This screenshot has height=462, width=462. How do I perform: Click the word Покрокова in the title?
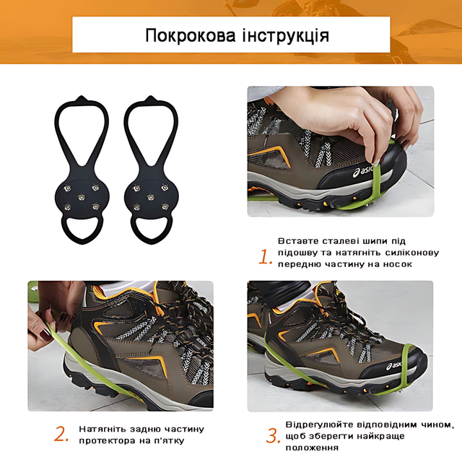pos(191,35)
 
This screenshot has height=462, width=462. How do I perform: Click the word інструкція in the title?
pos(286,35)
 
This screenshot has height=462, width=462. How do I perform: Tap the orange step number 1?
pos(265,256)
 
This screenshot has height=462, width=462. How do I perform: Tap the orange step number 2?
pos(61,434)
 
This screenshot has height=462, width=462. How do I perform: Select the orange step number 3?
pos(273,436)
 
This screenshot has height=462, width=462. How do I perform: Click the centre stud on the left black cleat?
pos(81,197)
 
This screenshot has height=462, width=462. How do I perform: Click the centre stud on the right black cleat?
pos(150,197)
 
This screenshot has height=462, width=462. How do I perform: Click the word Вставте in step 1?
pos(298,241)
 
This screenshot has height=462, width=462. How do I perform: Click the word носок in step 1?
pos(397,264)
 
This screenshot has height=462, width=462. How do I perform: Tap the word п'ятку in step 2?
pos(169,441)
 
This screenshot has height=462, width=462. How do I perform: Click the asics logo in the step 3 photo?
pos(394,366)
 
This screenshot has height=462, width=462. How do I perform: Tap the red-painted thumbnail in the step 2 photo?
pos(45,335)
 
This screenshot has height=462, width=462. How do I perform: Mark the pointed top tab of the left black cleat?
pos(81,99)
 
